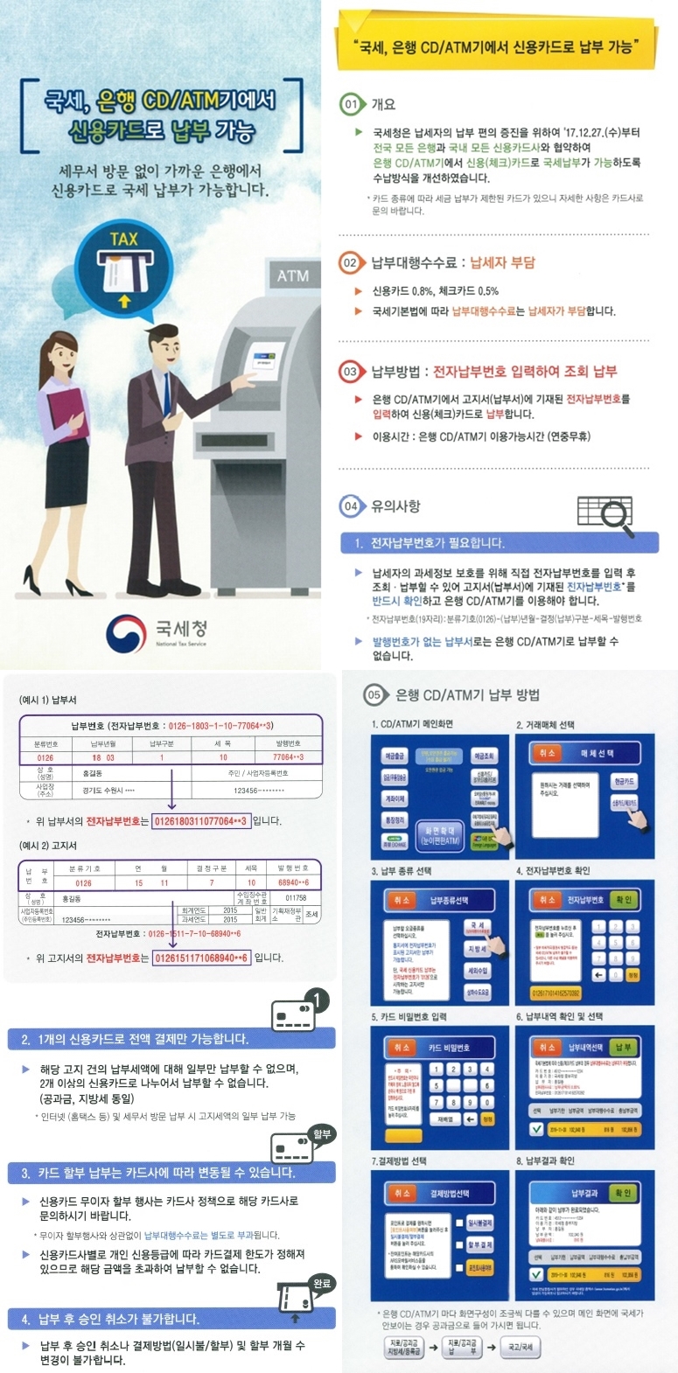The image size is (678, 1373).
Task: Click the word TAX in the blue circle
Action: (123, 239)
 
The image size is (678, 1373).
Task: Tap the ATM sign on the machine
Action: (292, 275)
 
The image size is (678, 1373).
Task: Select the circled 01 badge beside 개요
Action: (351, 104)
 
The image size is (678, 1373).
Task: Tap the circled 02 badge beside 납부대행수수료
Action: (350, 262)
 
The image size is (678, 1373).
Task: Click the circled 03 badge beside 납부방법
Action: (350, 372)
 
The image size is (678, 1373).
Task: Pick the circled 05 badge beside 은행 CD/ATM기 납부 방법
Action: (374, 694)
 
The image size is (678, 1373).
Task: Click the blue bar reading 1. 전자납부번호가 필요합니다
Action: (499, 543)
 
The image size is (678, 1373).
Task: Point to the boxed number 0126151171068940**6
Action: (201, 958)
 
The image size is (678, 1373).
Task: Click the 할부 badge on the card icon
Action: (322, 1134)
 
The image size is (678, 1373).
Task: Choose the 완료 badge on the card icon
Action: (321, 1283)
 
